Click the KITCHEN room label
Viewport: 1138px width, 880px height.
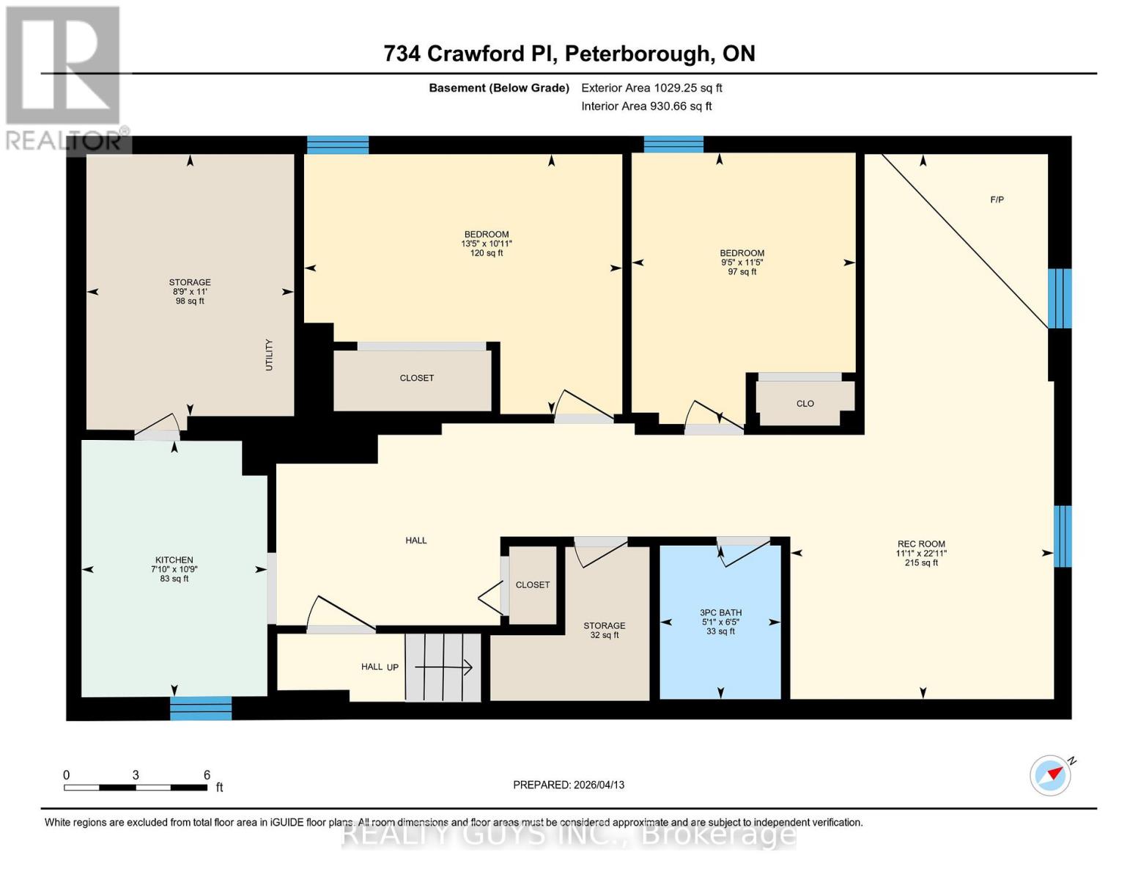coord(174,560)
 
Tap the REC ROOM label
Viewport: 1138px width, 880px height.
coord(921,545)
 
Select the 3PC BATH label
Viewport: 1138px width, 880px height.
coord(720,613)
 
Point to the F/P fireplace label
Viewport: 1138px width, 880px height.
coord(997,199)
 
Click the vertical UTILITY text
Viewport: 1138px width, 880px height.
coord(269,354)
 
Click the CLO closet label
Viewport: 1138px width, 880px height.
coord(805,403)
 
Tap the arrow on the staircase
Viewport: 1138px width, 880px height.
coord(444,667)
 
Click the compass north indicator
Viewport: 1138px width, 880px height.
coord(1051,774)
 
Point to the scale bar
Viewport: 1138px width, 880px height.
coord(136,787)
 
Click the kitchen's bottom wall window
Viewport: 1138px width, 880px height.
coord(201,708)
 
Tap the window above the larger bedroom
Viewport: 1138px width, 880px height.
coord(337,144)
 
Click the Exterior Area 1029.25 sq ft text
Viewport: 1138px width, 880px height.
coord(651,88)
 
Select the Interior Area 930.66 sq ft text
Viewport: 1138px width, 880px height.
coord(646,106)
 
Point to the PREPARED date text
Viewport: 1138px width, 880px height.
coord(569,785)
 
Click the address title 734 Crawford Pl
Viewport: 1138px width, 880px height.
coord(569,54)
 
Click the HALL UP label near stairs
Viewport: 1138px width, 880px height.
coord(380,667)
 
